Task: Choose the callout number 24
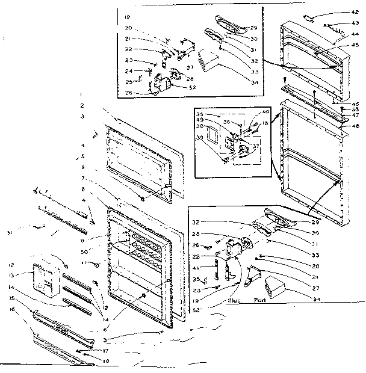point(129,72)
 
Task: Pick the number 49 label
point(199,119)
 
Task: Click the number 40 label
point(265,112)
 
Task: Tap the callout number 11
point(96,264)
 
